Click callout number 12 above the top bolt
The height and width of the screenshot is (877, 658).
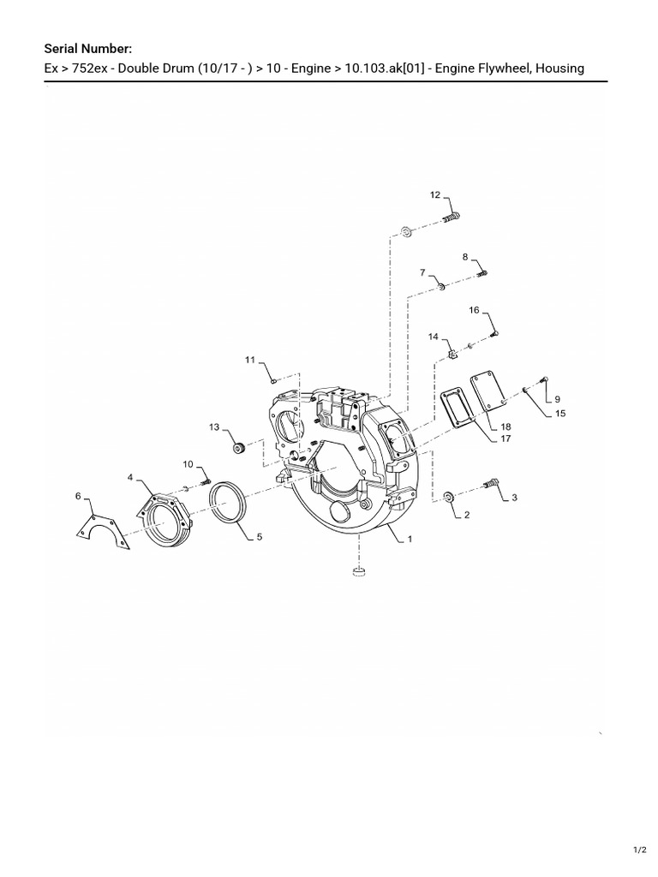tap(435, 194)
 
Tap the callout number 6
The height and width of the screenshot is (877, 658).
tap(78, 496)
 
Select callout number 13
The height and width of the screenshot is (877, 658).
tap(214, 427)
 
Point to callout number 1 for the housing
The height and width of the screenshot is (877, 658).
tap(410, 539)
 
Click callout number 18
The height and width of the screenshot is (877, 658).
tap(505, 427)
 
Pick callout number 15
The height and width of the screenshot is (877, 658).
tap(560, 414)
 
